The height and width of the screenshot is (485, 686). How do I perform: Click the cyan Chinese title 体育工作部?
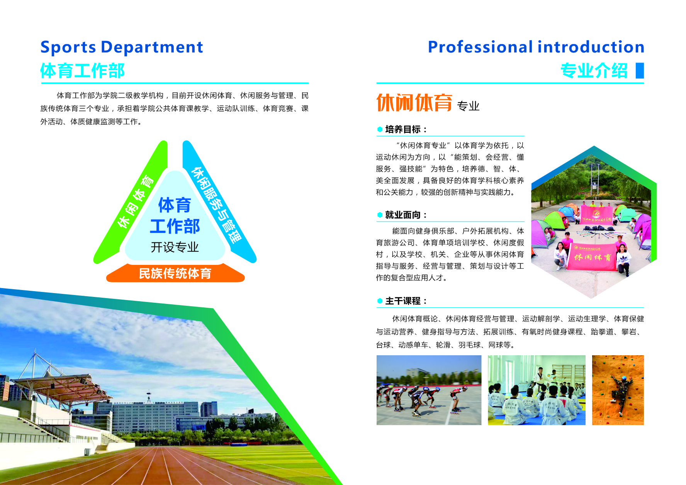point(82,71)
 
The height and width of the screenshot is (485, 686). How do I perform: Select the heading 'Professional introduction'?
point(536,47)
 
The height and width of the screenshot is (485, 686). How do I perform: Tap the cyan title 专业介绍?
point(594,71)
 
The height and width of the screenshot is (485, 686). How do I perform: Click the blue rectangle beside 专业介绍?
point(640,71)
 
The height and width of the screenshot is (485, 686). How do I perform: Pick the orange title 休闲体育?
point(414,103)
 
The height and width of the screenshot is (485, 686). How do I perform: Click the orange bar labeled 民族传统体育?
point(175,273)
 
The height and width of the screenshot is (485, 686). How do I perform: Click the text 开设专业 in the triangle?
point(175,247)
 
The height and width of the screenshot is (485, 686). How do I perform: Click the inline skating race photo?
point(429,390)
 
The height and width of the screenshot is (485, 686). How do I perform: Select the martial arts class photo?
point(537,390)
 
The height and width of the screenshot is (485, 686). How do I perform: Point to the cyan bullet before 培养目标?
point(380,129)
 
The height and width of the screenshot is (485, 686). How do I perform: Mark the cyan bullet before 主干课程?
point(380,301)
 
